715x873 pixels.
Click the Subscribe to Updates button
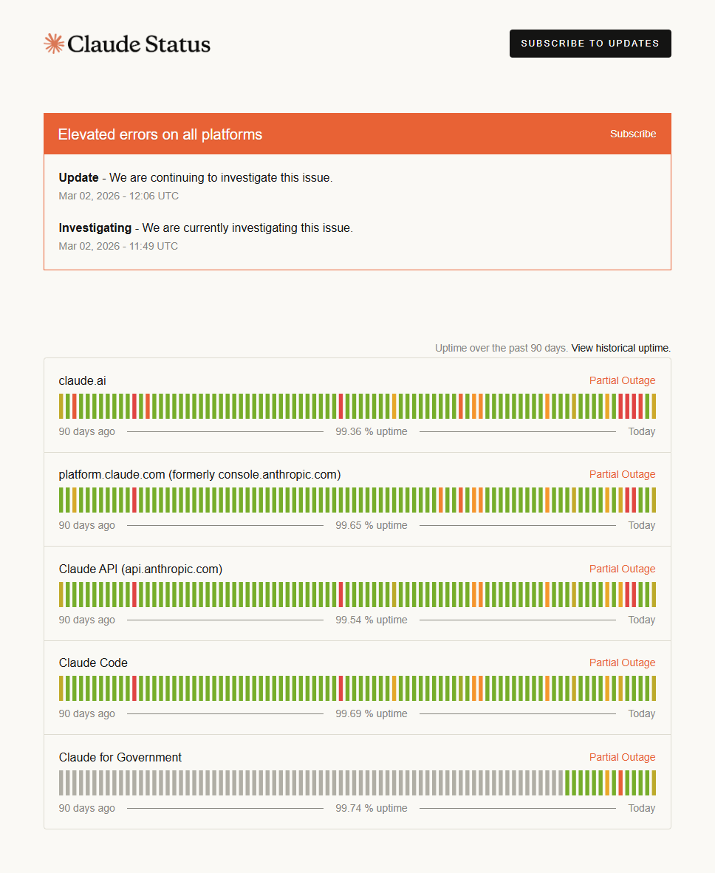pos(590,44)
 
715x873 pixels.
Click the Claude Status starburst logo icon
pos(53,44)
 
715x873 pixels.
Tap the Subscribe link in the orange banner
pos(633,134)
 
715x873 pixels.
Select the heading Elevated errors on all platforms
pos(160,134)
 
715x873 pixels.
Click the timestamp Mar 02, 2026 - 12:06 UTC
pos(118,196)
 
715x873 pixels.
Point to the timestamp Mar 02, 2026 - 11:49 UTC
pos(118,246)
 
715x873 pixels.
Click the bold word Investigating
pos(95,227)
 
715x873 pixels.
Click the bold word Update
pos(78,177)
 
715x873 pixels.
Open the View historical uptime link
pos(620,348)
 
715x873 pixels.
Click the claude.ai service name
pos(82,380)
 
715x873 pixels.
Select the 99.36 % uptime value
pos(371,431)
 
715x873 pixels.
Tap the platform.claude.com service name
pos(199,474)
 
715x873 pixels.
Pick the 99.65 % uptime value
pos(371,525)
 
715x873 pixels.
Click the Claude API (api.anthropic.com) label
pos(140,569)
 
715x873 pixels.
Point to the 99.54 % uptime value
pos(371,620)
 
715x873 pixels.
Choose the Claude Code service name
pos(93,663)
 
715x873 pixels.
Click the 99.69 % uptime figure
pos(371,713)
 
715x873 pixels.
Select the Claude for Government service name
pos(120,757)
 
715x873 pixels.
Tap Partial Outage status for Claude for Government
pos(622,757)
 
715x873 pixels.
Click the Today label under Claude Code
pos(641,713)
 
